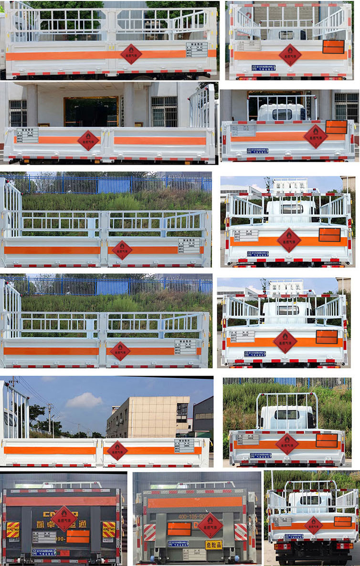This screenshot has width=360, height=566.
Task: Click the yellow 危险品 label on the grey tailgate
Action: point(213,545)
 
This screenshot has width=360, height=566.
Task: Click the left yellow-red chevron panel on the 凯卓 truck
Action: point(13,529)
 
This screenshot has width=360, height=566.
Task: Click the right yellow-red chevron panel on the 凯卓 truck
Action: point(109,529)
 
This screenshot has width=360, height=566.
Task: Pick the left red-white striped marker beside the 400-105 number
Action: point(149,532)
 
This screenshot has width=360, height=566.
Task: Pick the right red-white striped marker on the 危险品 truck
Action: point(241,532)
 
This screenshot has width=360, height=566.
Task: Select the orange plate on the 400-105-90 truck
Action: point(179,529)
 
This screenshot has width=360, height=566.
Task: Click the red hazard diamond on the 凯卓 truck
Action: point(64,518)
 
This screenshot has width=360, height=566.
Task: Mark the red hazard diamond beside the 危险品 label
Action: point(210,525)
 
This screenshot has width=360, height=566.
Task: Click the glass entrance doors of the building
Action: point(91,112)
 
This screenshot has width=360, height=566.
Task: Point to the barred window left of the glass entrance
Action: point(18,113)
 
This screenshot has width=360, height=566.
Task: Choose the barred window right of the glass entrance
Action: point(164,111)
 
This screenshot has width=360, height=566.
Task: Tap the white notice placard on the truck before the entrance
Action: point(27,135)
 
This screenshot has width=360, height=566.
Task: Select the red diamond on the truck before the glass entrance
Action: point(88,140)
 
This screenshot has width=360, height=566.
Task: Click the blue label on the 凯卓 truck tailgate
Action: point(43,552)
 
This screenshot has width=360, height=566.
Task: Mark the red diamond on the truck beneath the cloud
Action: point(117,450)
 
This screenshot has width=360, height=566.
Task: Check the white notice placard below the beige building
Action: point(184,445)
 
